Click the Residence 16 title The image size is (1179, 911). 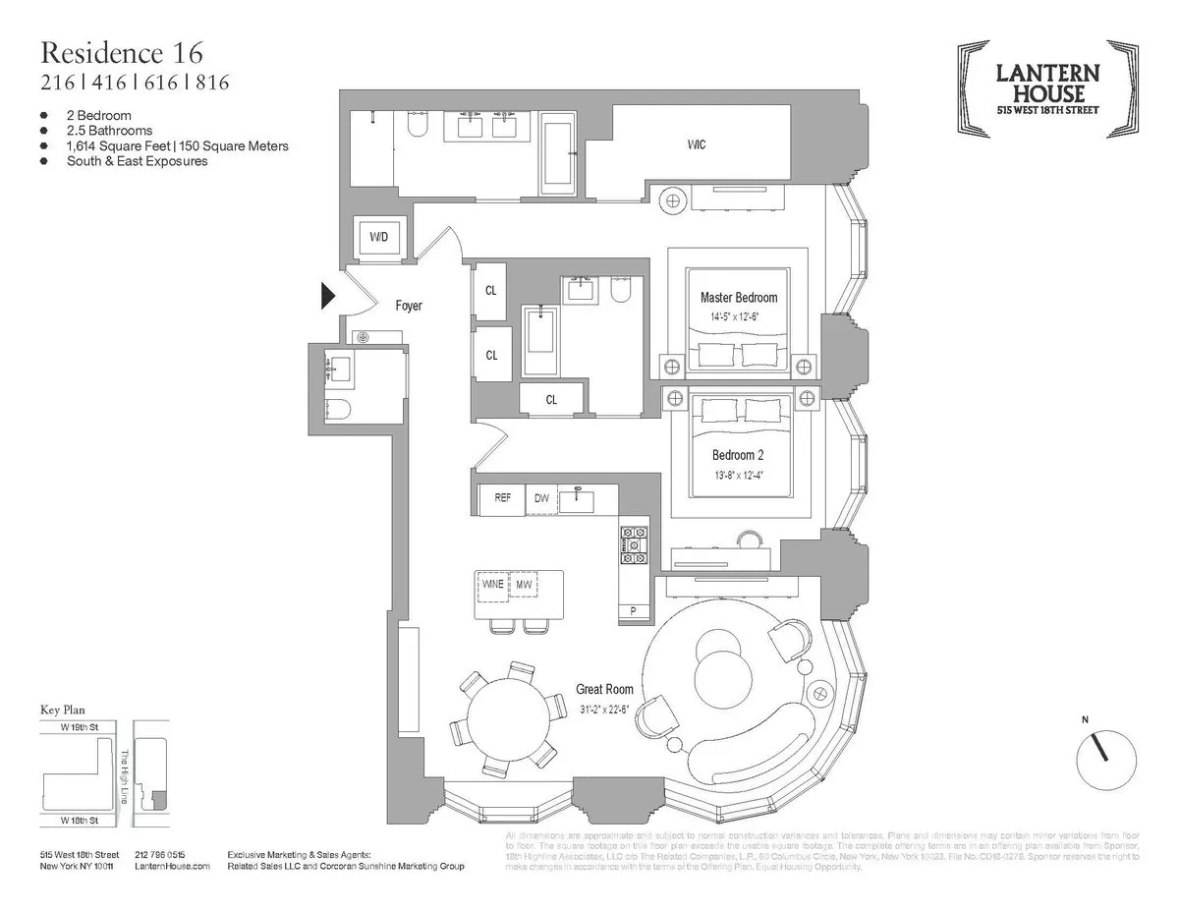click(123, 52)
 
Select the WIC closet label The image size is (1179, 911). click(697, 144)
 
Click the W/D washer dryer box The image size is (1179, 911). click(378, 238)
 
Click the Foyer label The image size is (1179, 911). click(409, 306)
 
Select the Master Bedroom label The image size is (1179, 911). click(738, 298)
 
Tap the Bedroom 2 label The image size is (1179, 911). click(738, 455)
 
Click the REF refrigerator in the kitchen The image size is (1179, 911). click(502, 498)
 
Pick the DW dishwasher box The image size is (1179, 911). click(541, 498)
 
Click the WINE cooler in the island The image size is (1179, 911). click(492, 584)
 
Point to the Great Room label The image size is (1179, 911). click(603, 690)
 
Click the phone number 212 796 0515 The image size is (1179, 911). click(161, 855)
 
